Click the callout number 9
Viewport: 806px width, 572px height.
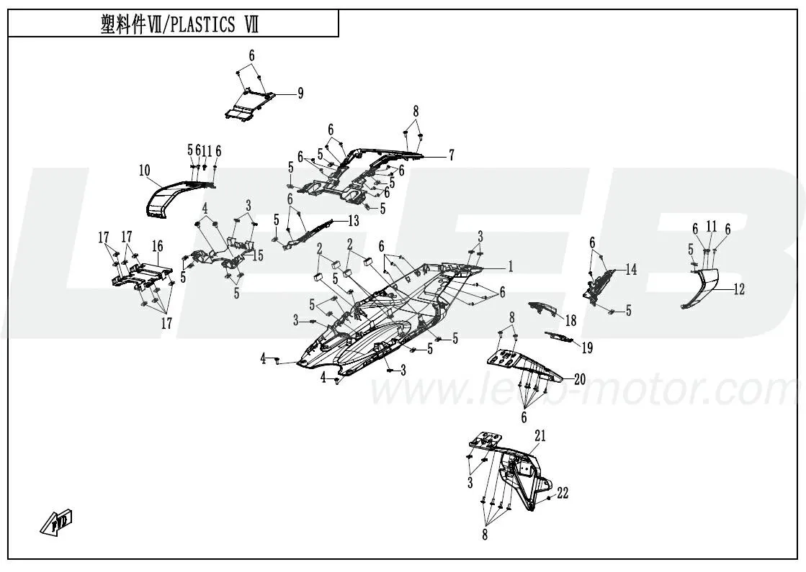point(300,93)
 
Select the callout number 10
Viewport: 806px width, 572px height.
point(144,171)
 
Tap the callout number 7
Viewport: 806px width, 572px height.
point(451,154)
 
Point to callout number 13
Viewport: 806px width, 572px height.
point(353,219)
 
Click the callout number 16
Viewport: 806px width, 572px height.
point(157,246)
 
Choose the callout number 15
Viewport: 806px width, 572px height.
point(259,255)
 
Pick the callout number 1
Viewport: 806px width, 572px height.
point(510,267)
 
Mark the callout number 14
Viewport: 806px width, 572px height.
point(631,270)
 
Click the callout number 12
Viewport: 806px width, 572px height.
point(739,290)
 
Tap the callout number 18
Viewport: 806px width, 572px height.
point(570,319)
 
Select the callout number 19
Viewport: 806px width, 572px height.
point(587,348)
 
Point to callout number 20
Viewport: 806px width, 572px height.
point(580,378)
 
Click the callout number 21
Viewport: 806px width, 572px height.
point(540,435)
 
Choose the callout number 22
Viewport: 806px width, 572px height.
point(563,493)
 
